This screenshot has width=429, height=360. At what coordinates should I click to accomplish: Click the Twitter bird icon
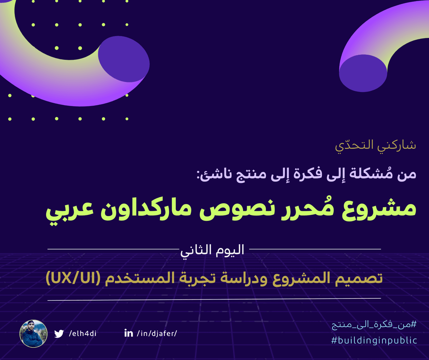pyautogui.click(x=59, y=334)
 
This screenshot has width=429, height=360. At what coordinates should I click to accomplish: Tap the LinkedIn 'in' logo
pyautogui.click(x=129, y=333)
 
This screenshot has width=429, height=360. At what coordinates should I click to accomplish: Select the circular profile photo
pyautogui.click(x=34, y=334)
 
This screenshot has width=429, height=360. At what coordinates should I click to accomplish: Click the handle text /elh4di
pyautogui.click(x=83, y=334)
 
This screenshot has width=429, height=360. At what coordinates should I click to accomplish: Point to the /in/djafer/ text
pyautogui.click(x=157, y=334)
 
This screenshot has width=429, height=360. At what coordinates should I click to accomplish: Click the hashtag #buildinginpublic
pyautogui.click(x=374, y=340)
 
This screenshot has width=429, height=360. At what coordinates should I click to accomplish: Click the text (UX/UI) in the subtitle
pyautogui.click(x=73, y=279)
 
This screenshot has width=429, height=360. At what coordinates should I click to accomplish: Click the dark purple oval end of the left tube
pyautogui.click(x=124, y=59)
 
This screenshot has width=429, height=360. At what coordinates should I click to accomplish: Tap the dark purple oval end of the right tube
pyautogui.click(x=363, y=73)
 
